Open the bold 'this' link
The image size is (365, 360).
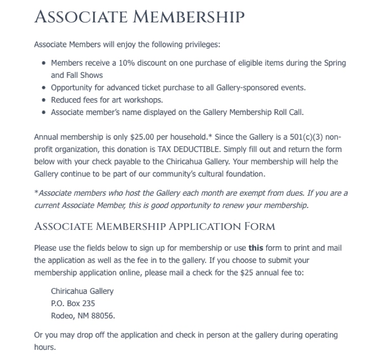pos(255,248)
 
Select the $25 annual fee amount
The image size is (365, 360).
pos(247,273)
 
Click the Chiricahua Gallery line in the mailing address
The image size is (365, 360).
pos(82,291)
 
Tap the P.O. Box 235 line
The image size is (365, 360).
pos(73,304)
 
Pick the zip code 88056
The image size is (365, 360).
pos(103,316)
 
